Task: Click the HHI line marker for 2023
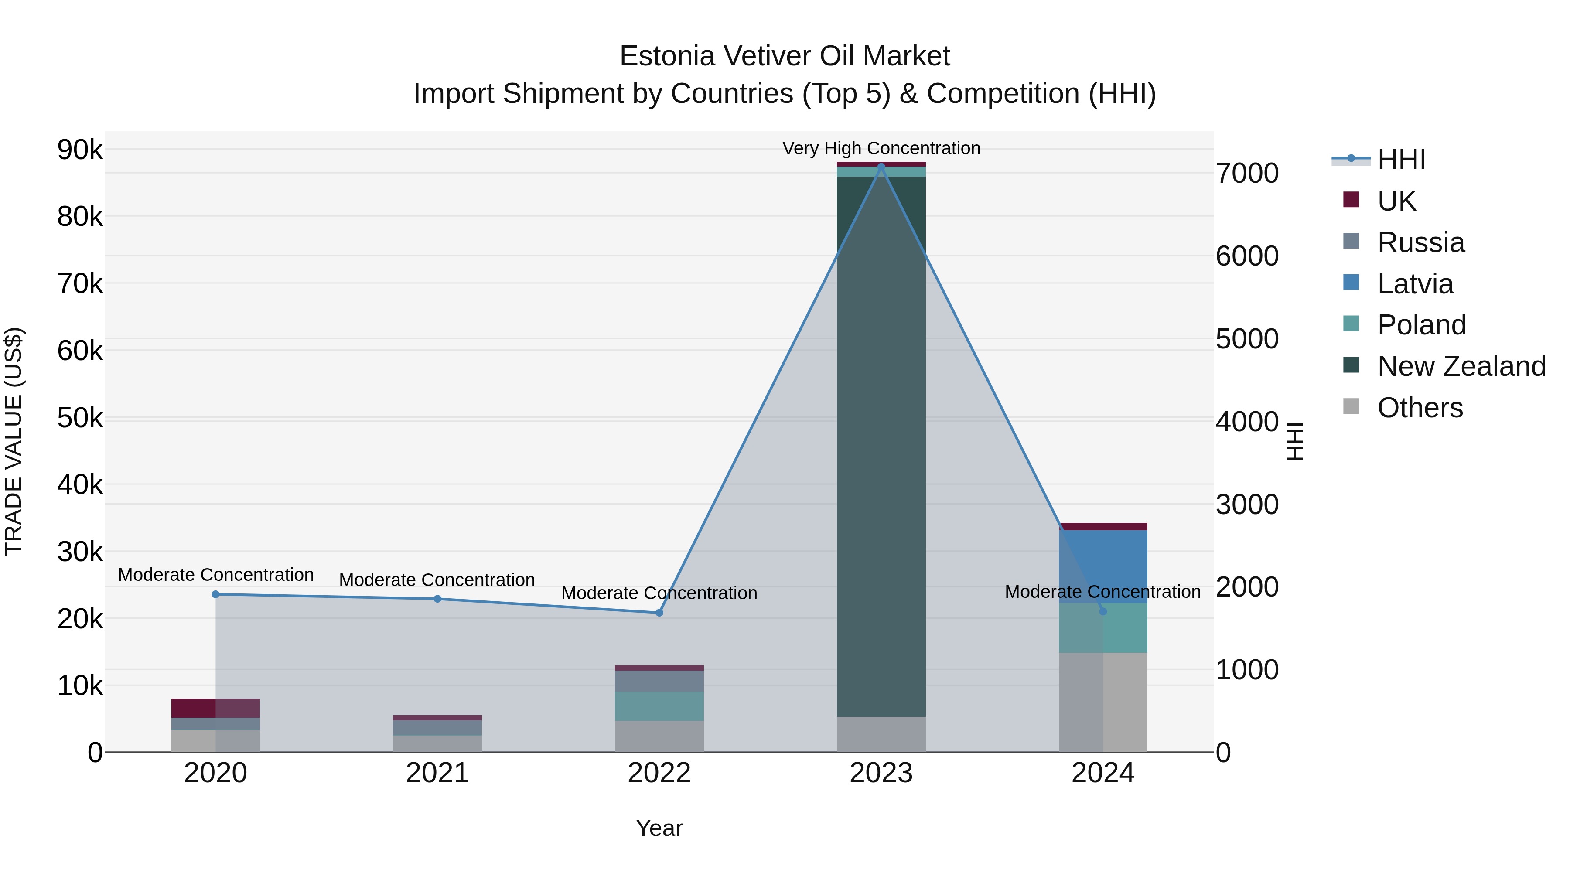tap(881, 167)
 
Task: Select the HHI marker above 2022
tap(659, 613)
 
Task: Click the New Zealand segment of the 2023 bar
tap(881, 445)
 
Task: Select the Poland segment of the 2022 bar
tap(659, 706)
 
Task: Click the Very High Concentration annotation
tap(881, 148)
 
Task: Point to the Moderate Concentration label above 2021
tap(437, 580)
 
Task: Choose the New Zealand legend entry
tap(1461, 366)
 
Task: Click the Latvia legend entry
tap(1415, 284)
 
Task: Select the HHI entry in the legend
tap(1400, 160)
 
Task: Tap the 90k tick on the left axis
tap(80, 149)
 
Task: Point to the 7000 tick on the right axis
tap(1246, 173)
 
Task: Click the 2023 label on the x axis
tap(881, 773)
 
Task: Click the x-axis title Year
tap(659, 828)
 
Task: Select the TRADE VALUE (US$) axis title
tap(14, 441)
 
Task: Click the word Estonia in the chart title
tap(667, 56)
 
